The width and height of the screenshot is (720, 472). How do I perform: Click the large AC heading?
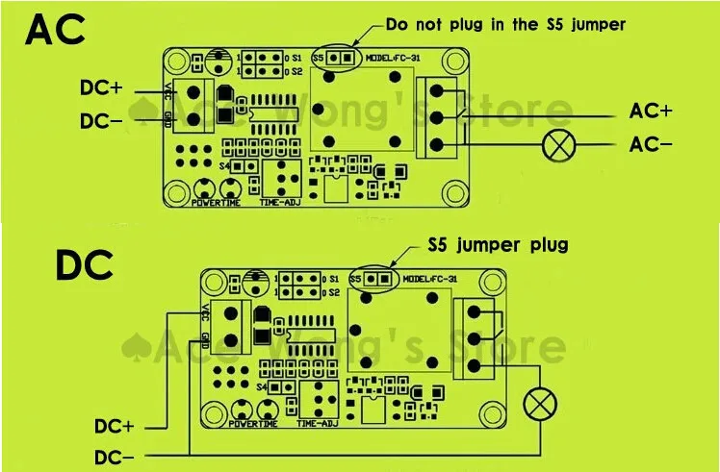56,31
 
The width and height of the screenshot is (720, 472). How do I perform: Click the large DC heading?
85,264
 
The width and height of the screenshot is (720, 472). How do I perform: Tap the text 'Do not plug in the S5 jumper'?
505,24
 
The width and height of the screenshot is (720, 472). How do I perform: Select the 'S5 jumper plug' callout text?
498,245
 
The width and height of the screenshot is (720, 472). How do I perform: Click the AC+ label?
651,112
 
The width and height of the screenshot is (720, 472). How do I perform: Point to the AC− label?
651,144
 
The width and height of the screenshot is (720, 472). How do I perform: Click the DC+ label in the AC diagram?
102,87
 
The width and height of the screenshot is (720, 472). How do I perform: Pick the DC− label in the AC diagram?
102,121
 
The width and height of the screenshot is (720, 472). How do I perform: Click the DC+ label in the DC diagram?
115,425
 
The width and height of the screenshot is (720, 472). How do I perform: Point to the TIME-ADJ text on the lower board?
318,423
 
